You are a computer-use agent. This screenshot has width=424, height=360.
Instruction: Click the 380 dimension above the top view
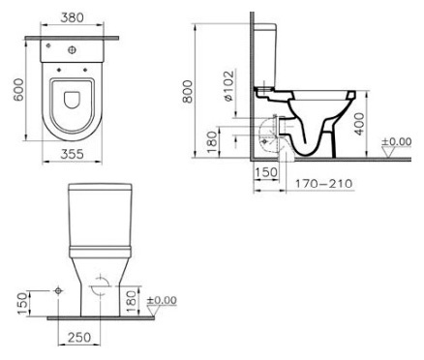click(x=72, y=17)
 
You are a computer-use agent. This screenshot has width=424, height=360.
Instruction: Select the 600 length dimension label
click(x=18, y=90)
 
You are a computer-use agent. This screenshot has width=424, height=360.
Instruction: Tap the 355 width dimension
click(x=72, y=154)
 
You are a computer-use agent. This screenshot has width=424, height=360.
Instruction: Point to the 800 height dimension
click(x=188, y=92)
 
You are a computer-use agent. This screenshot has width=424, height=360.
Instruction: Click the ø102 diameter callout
click(x=228, y=86)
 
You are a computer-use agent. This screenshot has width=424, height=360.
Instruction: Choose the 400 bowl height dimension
click(x=360, y=124)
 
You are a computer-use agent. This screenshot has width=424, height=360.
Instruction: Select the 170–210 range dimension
click(x=323, y=184)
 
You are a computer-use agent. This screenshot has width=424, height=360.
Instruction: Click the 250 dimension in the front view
click(x=79, y=338)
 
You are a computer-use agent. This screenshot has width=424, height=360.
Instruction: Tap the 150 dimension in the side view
click(x=266, y=172)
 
